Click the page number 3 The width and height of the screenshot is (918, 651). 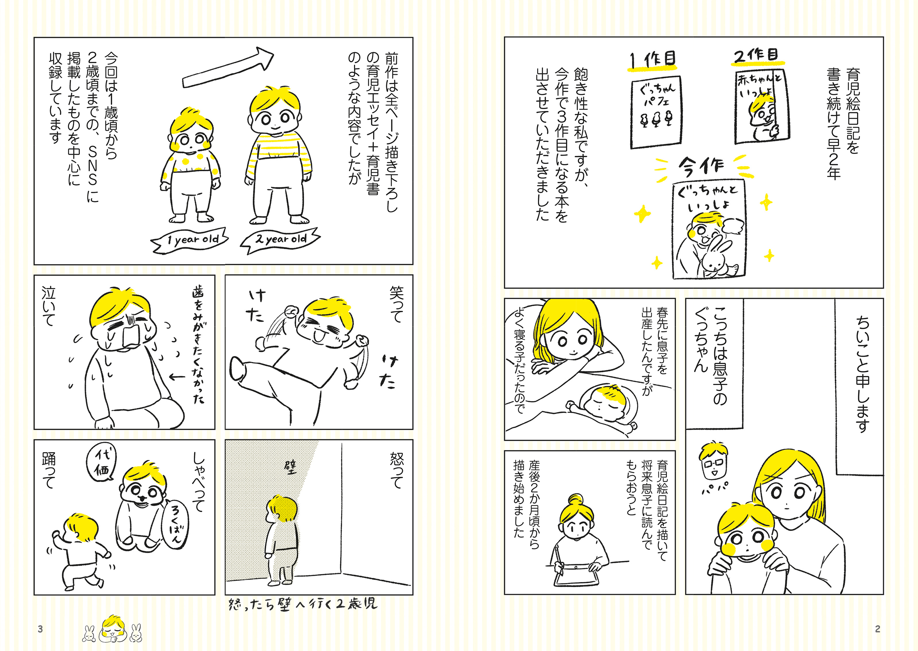(x=40, y=629)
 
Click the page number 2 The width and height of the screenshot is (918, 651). (x=878, y=629)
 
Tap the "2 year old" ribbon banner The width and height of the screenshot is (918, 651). (x=281, y=241)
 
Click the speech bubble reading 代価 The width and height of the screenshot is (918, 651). (x=101, y=464)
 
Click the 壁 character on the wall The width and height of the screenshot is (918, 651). (x=290, y=467)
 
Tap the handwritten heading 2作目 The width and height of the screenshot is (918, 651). (x=756, y=56)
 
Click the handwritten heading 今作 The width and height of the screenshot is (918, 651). (x=701, y=166)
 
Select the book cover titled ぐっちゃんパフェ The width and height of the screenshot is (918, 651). (x=656, y=112)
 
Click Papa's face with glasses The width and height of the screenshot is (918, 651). (x=713, y=463)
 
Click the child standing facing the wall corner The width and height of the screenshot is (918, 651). (x=281, y=539)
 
